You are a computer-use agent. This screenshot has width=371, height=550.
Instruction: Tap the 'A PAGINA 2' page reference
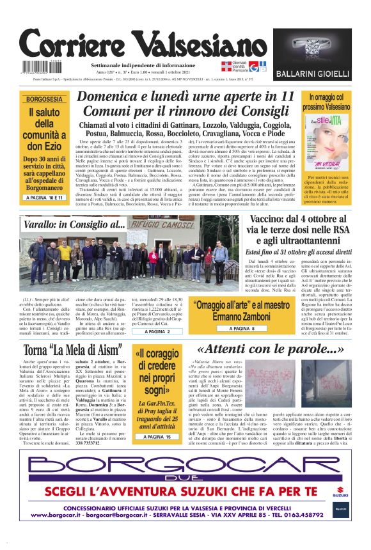tap(157, 332)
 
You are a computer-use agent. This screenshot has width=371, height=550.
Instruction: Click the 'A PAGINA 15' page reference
tap(157, 437)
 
